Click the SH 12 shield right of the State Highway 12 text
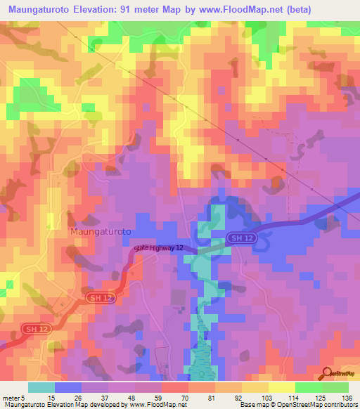coord(238,238)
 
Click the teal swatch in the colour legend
coord(41,387)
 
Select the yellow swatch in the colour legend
coord(282,387)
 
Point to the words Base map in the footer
coord(252,404)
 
